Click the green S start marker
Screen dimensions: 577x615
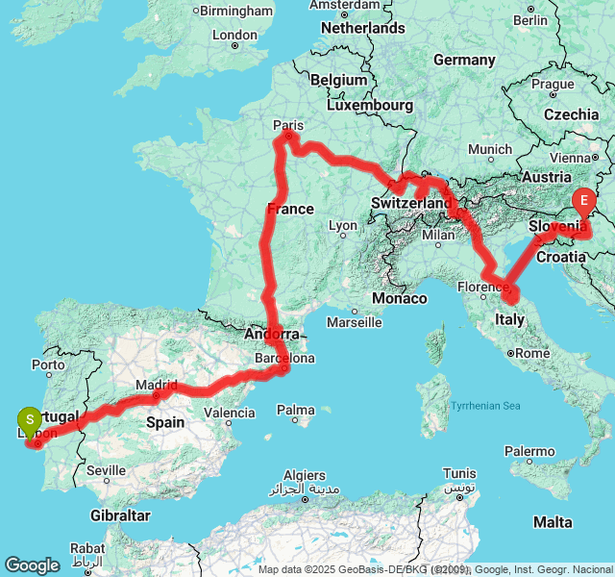pyautogui.click(x=30, y=419)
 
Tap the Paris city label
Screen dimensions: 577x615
pyautogui.click(x=288, y=124)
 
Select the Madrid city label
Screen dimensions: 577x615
pyautogui.click(x=156, y=384)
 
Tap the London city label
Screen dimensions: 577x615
pyautogui.click(x=235, y=35)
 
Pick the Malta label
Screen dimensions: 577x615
pyautogui.click(x=553, y=522)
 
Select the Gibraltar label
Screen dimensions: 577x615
pyautogui.click(x=122, y=515)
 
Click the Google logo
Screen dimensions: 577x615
pyautogui.click(x=32, y=565)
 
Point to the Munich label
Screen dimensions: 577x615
pyautogui.click(x=490, y=149)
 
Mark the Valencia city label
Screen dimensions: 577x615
pyautogui.click(x=231, y=413)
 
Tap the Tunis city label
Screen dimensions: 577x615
pyautogui.click(x=459, y=473)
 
